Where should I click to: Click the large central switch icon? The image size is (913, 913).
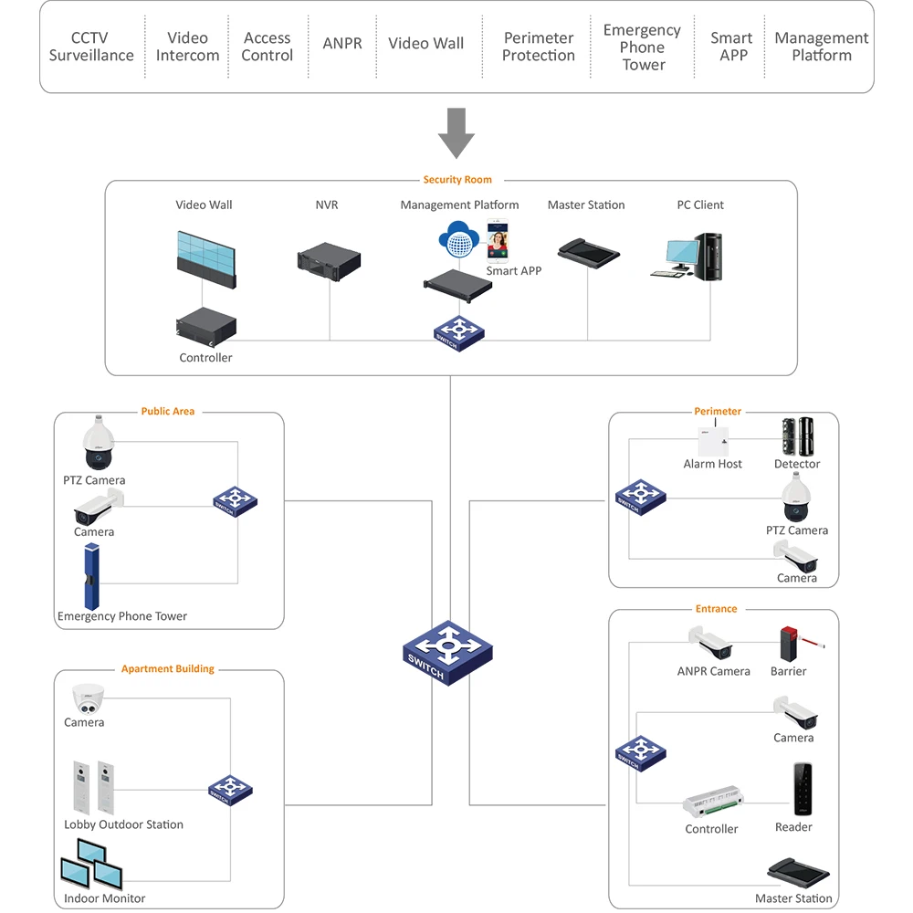click(447, 652)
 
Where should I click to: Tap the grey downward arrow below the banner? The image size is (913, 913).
click(456, 133)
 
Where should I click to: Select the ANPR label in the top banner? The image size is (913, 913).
click(342, 44)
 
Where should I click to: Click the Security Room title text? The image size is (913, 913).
click(457, 180)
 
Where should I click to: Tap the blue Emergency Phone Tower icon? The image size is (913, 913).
click(91, 576)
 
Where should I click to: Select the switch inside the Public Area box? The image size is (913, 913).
click(236, 501)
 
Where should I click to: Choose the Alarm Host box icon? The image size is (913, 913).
click(712, 441)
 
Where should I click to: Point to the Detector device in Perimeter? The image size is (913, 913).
click(797, 436)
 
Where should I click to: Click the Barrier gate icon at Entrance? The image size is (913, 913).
click(792, 644)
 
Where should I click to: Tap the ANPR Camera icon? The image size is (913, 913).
click(712, 644)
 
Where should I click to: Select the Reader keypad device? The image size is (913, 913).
click(803, 788)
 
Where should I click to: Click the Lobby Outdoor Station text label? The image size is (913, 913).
click(123, 824)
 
